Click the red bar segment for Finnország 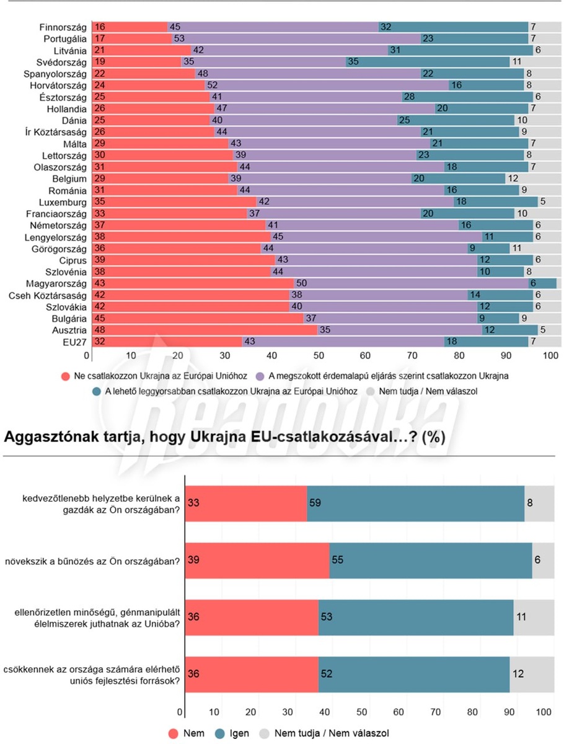coord(129,27)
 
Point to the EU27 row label coord(75,342)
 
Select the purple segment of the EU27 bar coord(344,342)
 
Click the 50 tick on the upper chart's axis coord(319,356)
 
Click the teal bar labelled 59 coord(415,503)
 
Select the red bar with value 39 coord(257,560)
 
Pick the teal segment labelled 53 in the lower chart coord(416,618)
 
